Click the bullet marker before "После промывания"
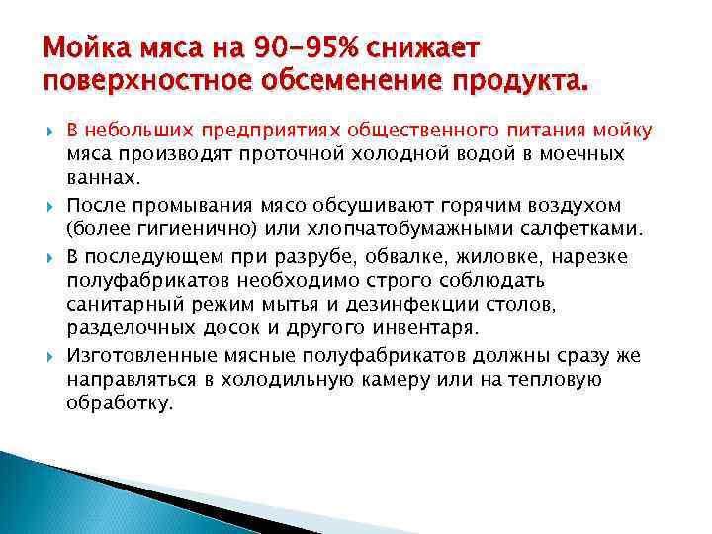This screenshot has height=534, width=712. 51,206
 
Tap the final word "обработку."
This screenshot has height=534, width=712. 120,404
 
